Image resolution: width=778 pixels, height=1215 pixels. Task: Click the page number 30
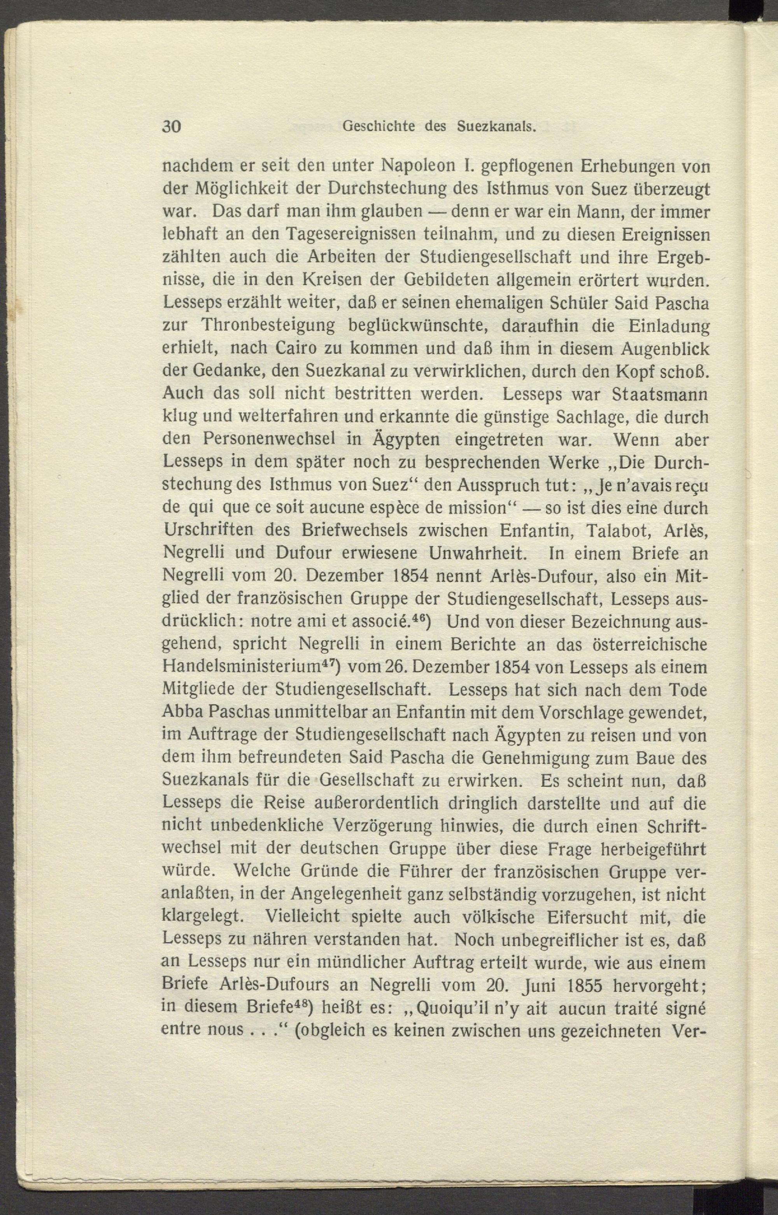pyautogui.click(x=171, y=126)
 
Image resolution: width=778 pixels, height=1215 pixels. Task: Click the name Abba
pyautogui.click(x=180, y=712)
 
